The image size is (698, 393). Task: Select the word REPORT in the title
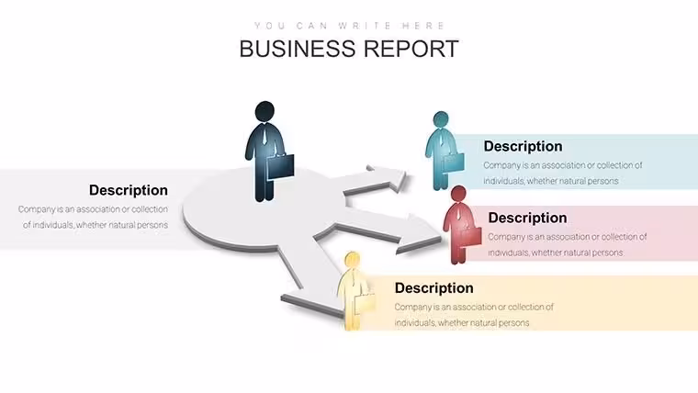(x=411, y=49)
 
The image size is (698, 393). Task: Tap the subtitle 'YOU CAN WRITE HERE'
(x=349, y=26)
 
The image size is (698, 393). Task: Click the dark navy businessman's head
(x=265, y=111)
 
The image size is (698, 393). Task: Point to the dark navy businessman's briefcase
(x=280, y=166)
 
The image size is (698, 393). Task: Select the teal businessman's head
(x=441, y=119)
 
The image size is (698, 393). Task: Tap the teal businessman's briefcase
(x=453, y=163)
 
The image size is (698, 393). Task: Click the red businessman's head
(x=458, y=194)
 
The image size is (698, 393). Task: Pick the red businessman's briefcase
(x=470, y=236)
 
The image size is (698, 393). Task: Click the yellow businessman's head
(x=352, y=260)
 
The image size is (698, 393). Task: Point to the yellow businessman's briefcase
(x=365, y=302)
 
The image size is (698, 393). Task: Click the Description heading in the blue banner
(x=523, y=146)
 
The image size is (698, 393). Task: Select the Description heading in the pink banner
(x=527, y=218)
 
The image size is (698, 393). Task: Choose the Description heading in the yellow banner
(x=434, y=288)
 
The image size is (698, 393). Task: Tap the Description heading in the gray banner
(x=129, y=190)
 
